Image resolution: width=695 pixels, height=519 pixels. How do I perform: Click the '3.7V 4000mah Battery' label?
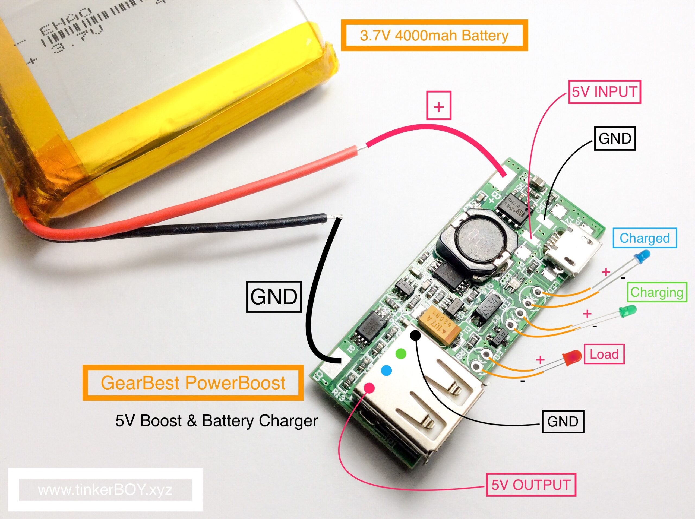click(434, 35)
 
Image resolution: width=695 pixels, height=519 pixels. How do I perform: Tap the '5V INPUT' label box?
click(604, 92)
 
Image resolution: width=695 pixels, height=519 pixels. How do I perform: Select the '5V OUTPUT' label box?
click(531, 485)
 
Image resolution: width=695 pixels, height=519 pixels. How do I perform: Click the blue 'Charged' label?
click(645, 238)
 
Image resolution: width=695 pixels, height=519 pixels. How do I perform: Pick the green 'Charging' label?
click(657, 292)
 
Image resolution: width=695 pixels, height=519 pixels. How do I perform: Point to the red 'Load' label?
click(604, 354)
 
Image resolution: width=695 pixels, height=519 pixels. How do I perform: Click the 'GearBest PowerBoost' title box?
click(193, 383)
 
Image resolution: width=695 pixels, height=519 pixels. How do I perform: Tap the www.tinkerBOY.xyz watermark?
click(105, 489)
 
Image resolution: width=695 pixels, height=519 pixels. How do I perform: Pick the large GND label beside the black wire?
click(274, 296)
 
